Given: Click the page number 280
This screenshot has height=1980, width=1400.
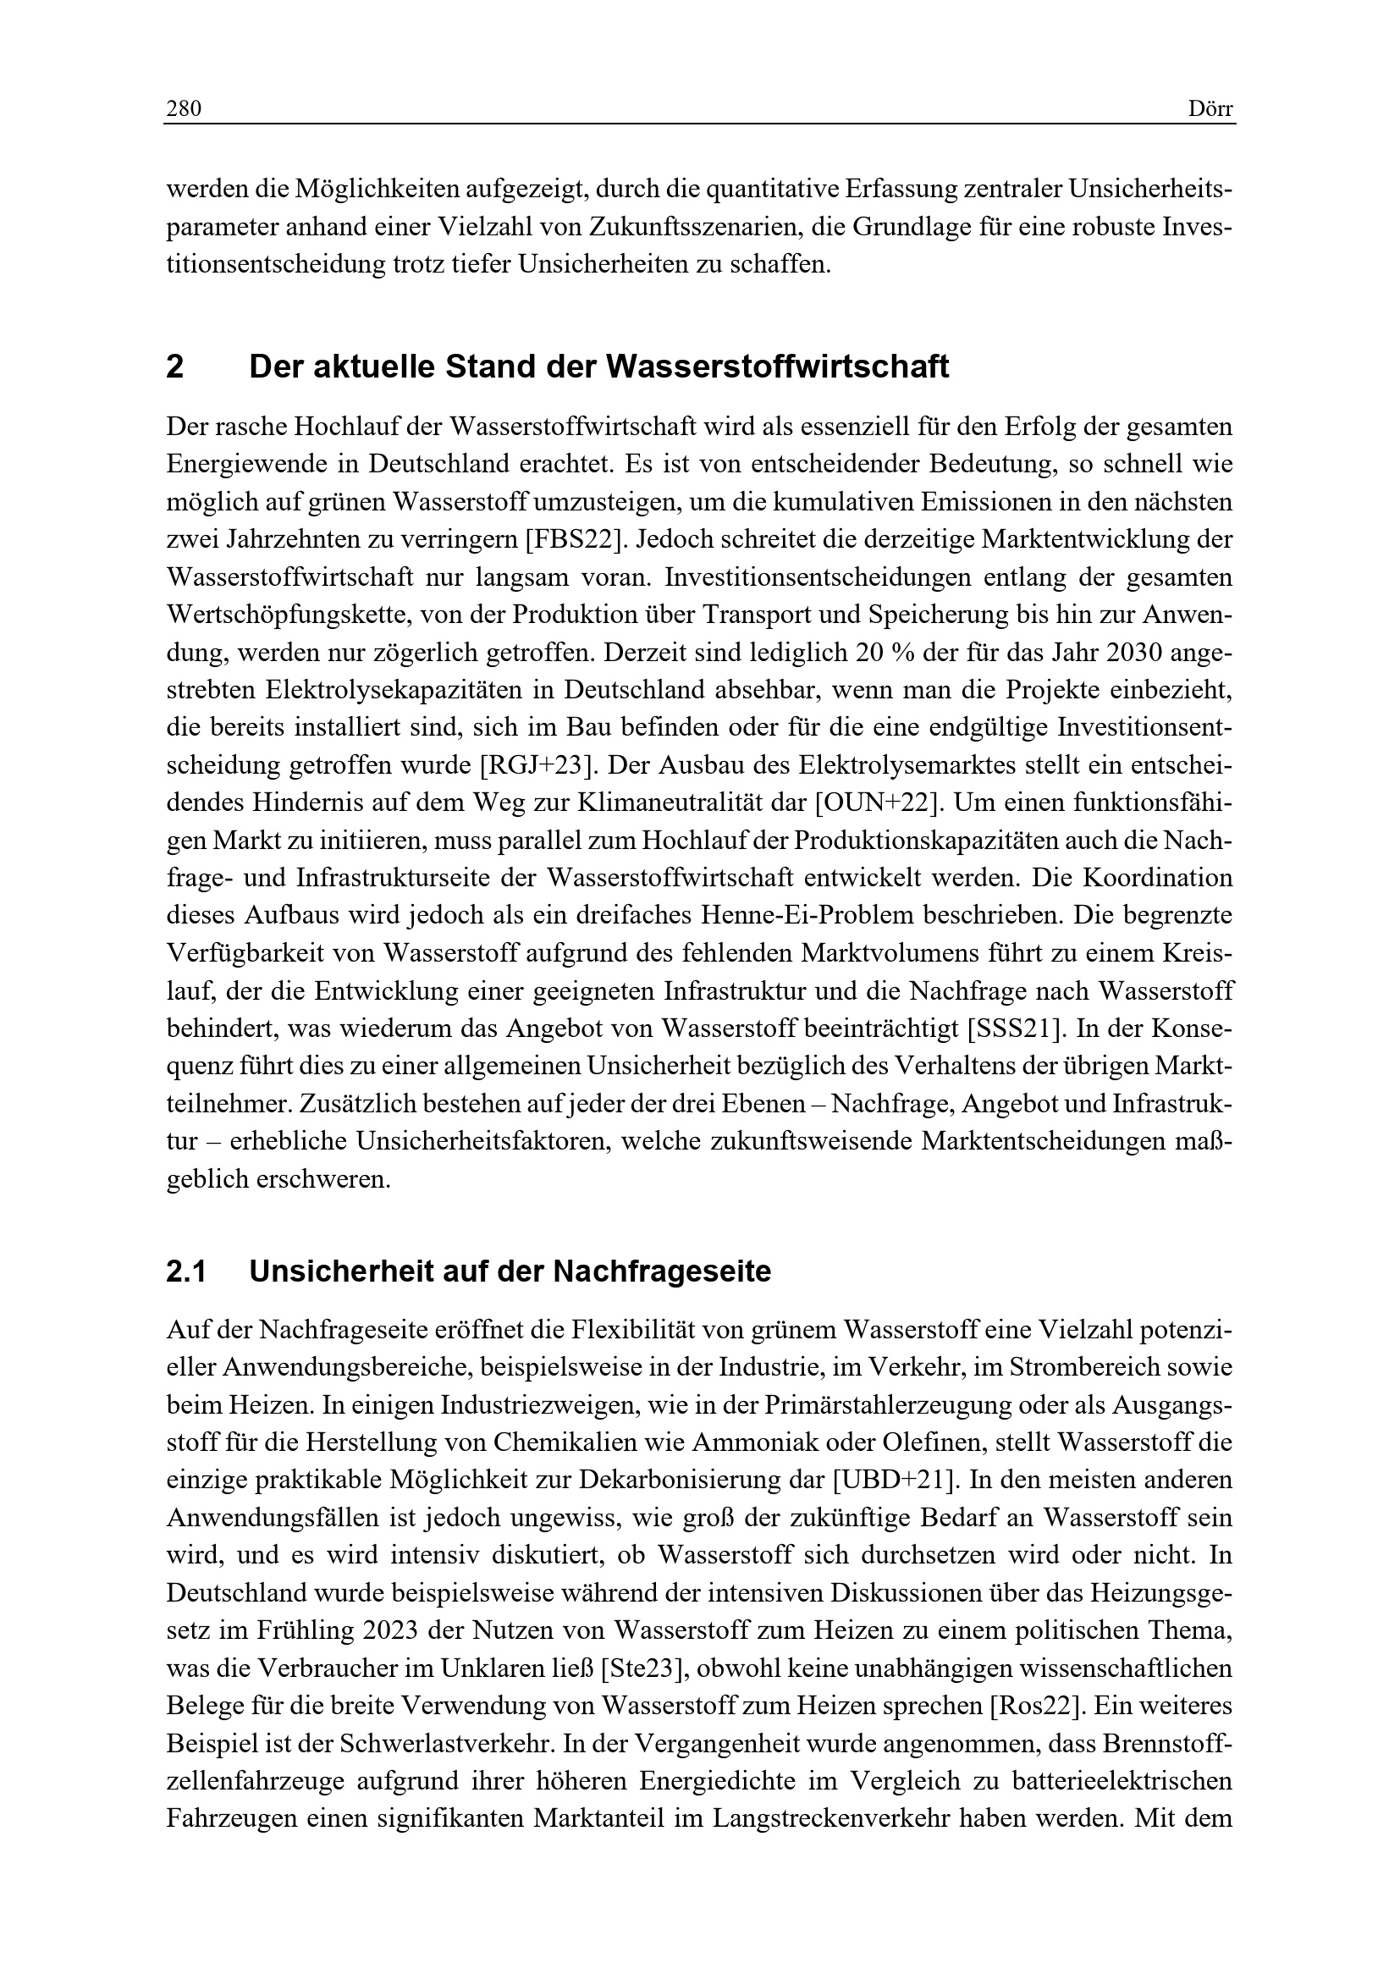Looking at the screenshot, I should pos(183,108).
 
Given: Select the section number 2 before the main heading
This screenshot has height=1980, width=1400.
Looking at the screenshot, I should pos(175,367).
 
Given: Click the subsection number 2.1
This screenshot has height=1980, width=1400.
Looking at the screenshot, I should pos(185,1272).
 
